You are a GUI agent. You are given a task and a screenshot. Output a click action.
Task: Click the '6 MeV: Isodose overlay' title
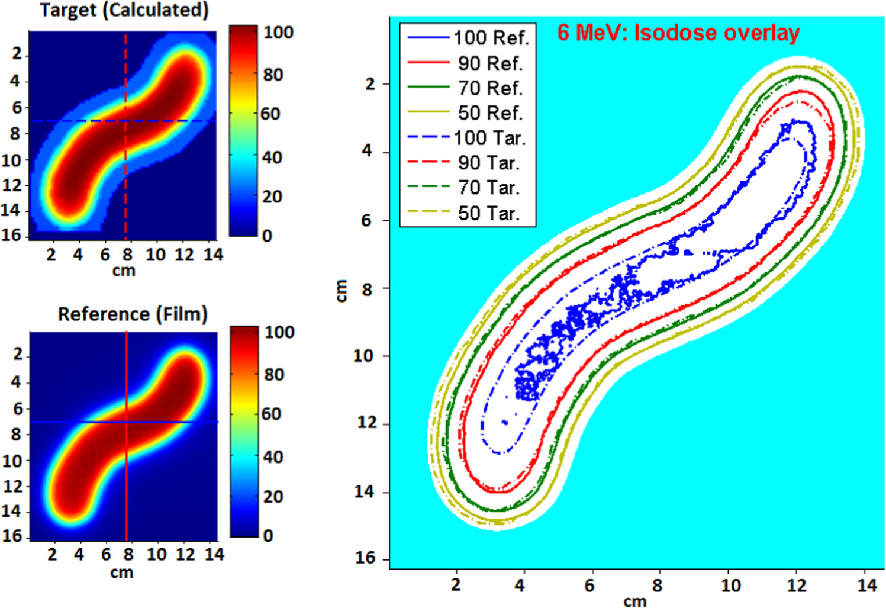pyautogui.click(x=678, y=33)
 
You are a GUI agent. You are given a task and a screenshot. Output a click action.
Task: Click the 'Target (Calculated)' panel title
pyautogui.click(x=124, y=10)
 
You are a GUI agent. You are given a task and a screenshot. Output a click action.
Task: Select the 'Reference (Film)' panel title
pyautogui.click(x=133, y=314)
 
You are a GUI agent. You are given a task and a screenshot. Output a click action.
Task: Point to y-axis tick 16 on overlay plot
pyautogui.click(x=365, y=558)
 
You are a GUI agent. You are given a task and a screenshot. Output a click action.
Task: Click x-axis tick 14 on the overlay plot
pyautogui.click(x=866, y=586)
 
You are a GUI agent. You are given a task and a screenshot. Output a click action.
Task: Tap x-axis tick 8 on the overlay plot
pyautogui.click(x=657, y=586)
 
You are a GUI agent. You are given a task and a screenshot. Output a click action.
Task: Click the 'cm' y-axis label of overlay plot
pyautogui.click(x=341, y=291)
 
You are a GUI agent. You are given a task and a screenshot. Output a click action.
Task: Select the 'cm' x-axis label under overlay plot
pyautogui.click(x=635, y=601)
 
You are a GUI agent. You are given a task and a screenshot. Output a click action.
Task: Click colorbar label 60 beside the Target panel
pyautogui.click(x=270, y=114)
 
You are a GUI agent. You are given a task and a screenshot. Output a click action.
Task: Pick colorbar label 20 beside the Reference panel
pyautogui.click(x=272, y=496)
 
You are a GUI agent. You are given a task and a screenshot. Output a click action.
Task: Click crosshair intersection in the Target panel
pyautogui.click(x=125, y=121)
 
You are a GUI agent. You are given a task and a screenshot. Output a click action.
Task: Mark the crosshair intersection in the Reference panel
pyautogui.click(x=127, y=422)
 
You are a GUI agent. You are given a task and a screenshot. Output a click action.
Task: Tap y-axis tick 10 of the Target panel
pyautogui.click(x=11, y=160)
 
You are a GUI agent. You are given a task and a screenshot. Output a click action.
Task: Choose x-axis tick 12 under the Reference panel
pyautogui.click(x=185, y=555)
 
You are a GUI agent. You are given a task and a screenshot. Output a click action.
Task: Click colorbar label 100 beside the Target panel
pyautogui.click(x=278, y=32)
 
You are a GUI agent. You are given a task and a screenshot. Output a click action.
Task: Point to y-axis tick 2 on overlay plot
pyautogui.click(x=370, y=84)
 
